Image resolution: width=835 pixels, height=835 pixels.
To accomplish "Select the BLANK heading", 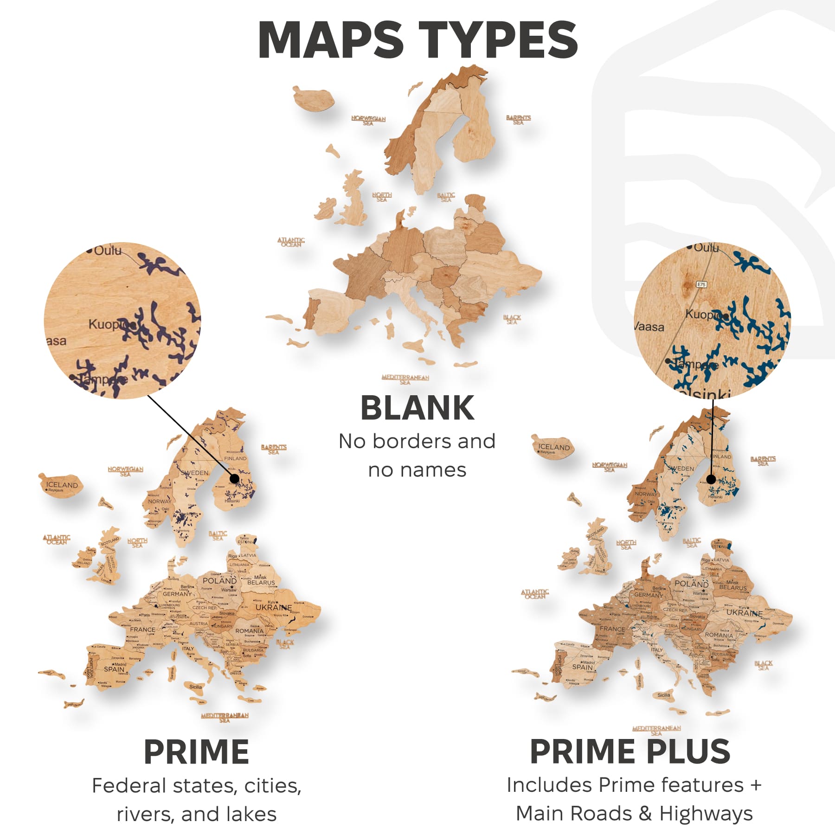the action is [x=417, y=408].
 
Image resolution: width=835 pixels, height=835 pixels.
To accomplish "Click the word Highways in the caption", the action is [x=706, y=814].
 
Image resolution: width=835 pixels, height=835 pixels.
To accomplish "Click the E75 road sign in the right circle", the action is [x=701, y=284].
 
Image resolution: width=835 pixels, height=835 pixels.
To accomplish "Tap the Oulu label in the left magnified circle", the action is [x=108, y=251].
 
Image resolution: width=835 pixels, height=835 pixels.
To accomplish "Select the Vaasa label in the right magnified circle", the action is [x=649, y=327].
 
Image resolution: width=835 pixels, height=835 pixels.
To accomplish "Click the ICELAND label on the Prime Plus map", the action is [x=553, y=447].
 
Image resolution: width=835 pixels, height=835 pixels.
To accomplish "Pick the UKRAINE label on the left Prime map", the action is [x=274, y=607].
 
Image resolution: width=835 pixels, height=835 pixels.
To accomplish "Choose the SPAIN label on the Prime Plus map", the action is [x=582, y=667].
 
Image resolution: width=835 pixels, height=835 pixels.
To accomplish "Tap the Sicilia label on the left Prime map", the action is [x=195, y=687].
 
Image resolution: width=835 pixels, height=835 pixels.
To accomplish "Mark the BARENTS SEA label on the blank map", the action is [x=518, y=120].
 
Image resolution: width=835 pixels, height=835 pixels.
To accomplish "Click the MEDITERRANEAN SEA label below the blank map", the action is [x=405, y=379].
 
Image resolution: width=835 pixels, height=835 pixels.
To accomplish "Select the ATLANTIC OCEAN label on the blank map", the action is [x=291, y=242].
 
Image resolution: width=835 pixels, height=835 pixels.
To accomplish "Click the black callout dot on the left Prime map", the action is [x=234, y=478].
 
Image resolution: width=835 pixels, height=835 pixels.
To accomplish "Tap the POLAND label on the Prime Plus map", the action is [x=691, y=584].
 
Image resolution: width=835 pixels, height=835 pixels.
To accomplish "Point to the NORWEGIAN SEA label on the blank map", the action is [x=368, y=121].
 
